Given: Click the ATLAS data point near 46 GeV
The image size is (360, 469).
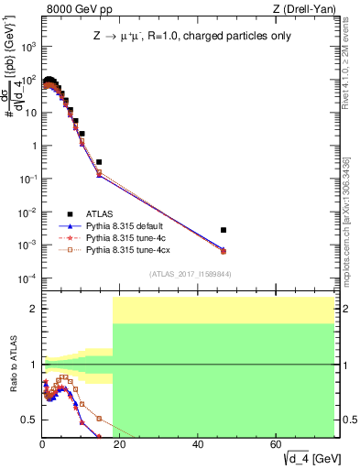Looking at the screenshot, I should (x=224, y=230).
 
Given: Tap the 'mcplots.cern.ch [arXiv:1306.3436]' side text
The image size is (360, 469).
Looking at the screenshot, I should (x=352, y=220).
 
